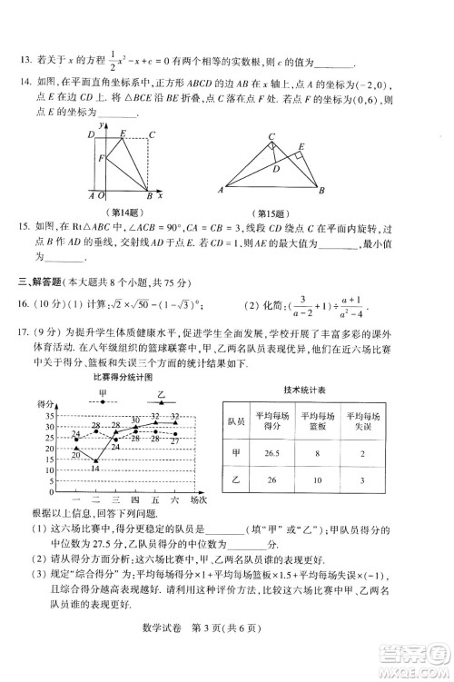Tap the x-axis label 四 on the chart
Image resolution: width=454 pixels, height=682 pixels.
134,499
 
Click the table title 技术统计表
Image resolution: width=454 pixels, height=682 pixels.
306,388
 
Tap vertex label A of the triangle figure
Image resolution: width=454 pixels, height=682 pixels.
221,190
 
